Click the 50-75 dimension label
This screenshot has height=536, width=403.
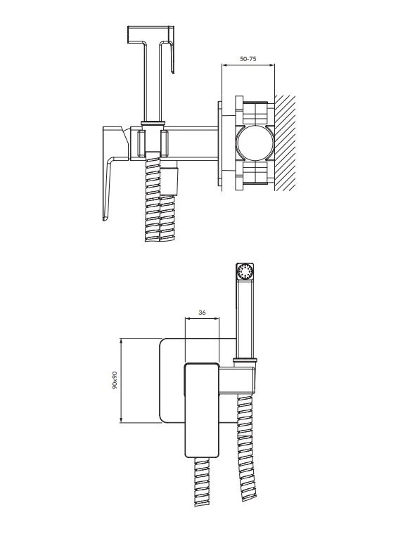pos(248,59)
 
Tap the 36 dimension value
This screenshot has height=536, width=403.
pos(202,312)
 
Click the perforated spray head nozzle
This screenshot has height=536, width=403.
pos(245,273)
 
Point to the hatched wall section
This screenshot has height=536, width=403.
pos(285,143)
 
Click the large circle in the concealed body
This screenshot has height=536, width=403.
pos(255,143)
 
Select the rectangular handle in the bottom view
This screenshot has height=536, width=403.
pos(201,410)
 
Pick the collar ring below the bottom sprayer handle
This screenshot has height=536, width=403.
pos(245,360)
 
